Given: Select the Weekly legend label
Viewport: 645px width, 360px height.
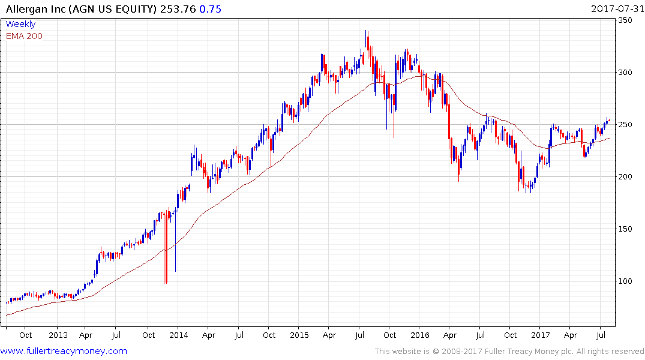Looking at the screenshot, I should point(20,24).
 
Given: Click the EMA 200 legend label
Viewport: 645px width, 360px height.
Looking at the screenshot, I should point(24,35).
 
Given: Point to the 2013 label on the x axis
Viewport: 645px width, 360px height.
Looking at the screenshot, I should point(58,335).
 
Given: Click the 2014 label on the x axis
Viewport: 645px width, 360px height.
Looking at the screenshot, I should point(178,335).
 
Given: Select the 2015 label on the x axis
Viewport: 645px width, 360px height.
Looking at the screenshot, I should point(299,335).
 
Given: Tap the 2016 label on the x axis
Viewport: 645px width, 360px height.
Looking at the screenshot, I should point(419,335).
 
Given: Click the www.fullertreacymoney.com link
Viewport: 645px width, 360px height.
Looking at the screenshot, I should point(64,351).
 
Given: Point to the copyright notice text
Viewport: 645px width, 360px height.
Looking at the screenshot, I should point(509,352).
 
